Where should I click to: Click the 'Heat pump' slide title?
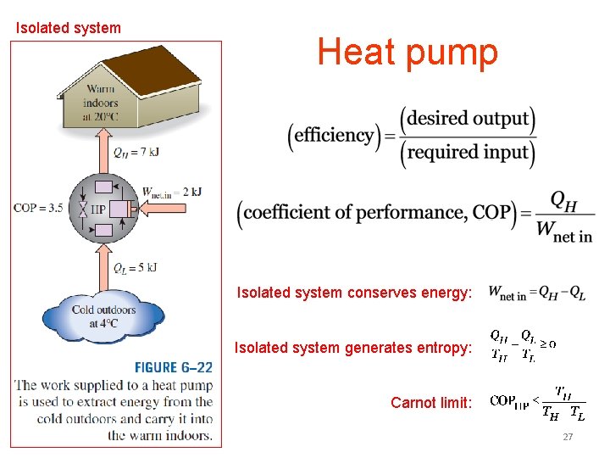click(x=408, y=53)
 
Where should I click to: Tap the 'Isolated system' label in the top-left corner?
click(x=69, y=28)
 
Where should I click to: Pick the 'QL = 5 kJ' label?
click(x=136, y=268)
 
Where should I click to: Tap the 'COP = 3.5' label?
click(x=38, y=208)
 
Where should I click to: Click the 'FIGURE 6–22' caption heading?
click(x=173, y=367)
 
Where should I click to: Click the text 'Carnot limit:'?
click(x=430, y=402)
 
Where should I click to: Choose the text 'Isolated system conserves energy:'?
click(x=353, y=293)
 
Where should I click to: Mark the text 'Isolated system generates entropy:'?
click(x=352, y=348)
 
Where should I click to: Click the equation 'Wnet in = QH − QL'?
click(x=536, y=293)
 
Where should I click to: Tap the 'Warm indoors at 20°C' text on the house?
click(x=101, y=103)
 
